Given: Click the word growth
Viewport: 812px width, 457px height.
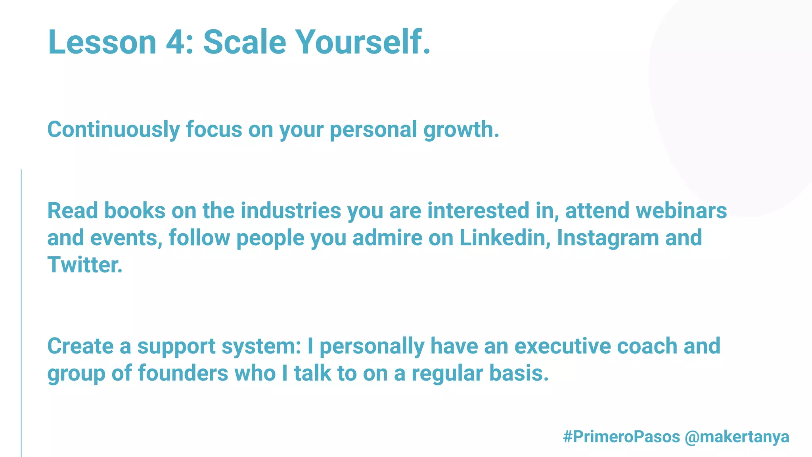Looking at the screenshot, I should [x=461, y=130].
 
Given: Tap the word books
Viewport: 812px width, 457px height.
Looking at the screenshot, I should [x=135, y=211].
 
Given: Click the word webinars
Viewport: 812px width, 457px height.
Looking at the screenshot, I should [x=682, y=211].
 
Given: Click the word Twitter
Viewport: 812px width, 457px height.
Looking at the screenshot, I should [x=85, y=265].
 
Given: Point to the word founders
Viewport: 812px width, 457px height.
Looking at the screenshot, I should [x=183, y=373].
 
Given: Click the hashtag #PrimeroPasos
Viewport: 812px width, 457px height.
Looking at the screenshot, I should [x=621, y=437].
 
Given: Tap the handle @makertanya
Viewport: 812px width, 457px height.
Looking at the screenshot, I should [x=737, y=437].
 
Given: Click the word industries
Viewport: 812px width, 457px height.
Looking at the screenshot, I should [x=291, y=211].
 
